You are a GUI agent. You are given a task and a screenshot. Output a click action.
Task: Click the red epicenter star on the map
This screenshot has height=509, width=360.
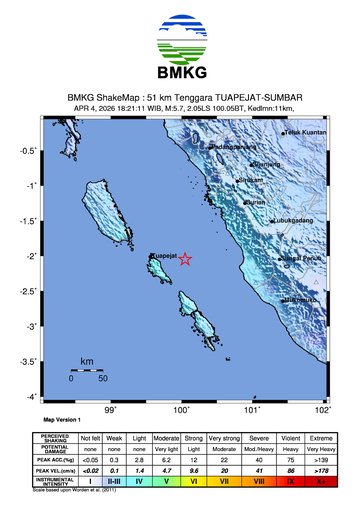(184, 259)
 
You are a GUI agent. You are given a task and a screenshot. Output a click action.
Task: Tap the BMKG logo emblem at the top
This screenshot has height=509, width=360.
(181, 41)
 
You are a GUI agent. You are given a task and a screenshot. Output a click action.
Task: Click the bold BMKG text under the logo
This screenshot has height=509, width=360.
(181, 74)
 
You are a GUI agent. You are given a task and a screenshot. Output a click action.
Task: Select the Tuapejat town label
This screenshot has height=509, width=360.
(165, 256)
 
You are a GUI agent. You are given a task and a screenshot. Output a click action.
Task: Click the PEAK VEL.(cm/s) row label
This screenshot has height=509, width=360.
(54, 470)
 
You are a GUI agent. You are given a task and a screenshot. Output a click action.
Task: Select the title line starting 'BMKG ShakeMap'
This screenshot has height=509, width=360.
(180, 97)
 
